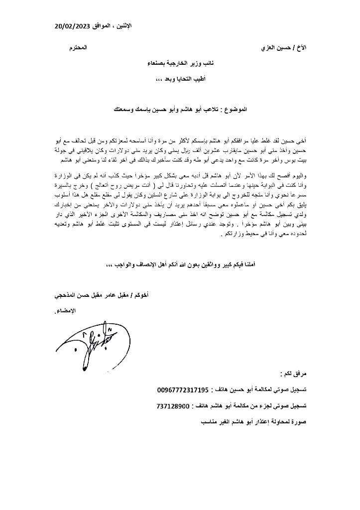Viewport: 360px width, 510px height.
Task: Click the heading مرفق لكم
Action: (294, 372)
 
